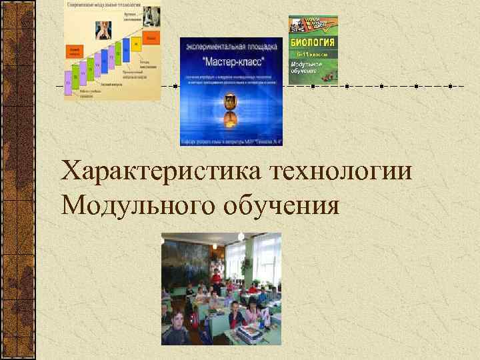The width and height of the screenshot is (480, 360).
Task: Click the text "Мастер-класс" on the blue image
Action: pyautogui.click(x=231, y=59)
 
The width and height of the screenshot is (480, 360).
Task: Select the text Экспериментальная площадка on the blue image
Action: pyautogui.click(x=231, y=47)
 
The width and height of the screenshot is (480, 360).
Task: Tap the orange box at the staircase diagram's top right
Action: pyautogui.click(x=151, y=38)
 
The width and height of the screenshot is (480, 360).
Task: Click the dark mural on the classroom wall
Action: pyautogui.click(x=187, y=260)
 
